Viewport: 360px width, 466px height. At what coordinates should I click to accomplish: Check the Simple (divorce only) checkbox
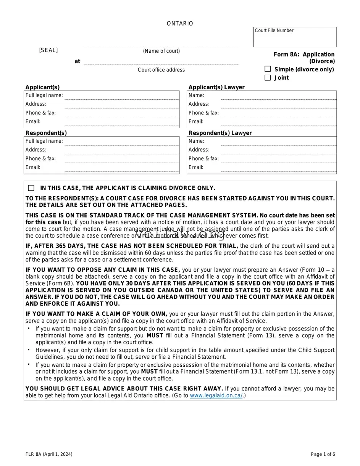[x=268, y=69]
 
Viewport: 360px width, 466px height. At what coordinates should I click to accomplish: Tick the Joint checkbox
[x=268, y=77]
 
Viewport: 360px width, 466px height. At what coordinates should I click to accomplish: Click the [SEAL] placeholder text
[x=48, y=50]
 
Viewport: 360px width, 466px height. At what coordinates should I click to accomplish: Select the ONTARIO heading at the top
[x=180, y=24]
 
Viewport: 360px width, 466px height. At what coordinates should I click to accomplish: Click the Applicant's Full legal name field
[x=122, y=96]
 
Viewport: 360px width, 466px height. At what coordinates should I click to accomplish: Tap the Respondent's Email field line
[x=122, y=168]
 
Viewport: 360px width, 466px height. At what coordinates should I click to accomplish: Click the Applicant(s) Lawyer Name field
[x=278, y=96]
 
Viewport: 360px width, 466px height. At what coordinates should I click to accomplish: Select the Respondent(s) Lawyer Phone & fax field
[x=278, y=159]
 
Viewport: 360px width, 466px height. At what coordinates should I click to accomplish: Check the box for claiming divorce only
[x=31, y=188]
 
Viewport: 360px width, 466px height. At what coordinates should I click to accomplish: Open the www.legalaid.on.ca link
[x=216, y=396]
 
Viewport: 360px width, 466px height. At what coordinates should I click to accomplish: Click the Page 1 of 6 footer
[x=323, y=454]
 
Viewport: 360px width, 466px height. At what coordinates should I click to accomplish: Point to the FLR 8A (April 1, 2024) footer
[x=49, y=454]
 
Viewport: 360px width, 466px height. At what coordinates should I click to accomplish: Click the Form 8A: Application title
[x=304, y=55]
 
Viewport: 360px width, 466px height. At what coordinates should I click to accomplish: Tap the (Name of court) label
[x=161, y=51]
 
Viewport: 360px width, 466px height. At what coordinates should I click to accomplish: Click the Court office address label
[x=161, y=70]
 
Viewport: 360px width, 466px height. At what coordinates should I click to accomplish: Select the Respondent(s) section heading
[x=46, y=133]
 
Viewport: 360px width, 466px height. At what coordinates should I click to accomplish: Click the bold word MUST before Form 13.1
[x=149, y=371]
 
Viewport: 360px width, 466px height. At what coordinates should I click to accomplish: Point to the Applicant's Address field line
[x=122, y=105]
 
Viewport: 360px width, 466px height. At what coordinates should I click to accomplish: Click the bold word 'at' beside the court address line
[x=77, y=61]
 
